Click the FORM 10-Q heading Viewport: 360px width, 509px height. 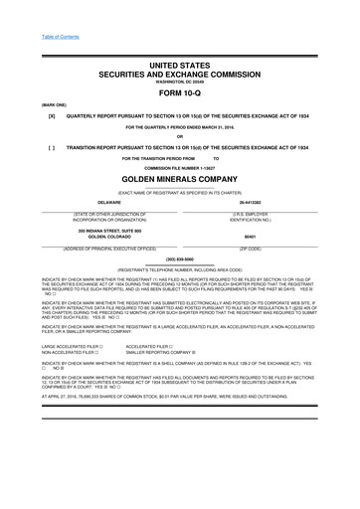(x=179, y=93)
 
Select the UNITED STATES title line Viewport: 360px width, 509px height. (x=179, y=64)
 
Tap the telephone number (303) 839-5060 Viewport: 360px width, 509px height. (x=179, y=257)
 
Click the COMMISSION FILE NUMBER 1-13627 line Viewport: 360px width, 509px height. (x=179, y=167)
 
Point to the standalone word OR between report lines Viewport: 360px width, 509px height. (x=179, y=136)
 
